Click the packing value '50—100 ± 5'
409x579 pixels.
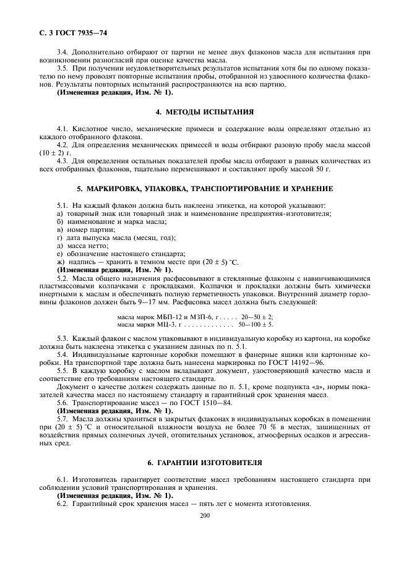click(x=255, y=324)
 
